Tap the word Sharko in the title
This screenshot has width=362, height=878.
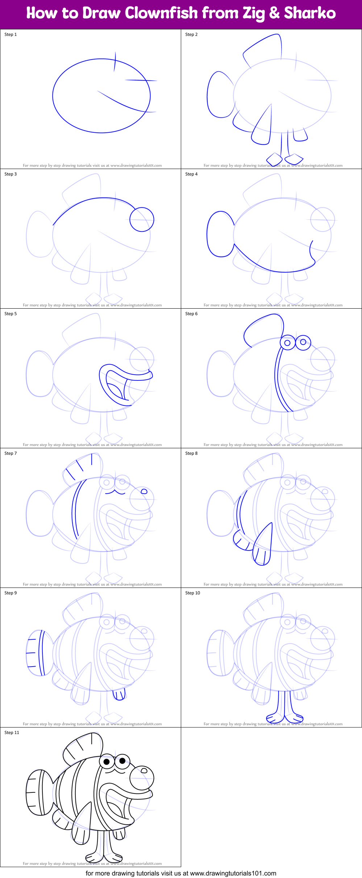[x=309, y=13]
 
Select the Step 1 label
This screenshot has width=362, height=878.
[x=11, y=34]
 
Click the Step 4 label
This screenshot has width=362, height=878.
[x=191, y=174]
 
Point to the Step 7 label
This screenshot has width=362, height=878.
[x=11, y=453]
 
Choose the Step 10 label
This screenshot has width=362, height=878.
[x=192, y=593]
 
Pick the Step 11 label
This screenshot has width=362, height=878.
[x=12, y=733]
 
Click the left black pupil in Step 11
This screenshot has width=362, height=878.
[x=107, y=762]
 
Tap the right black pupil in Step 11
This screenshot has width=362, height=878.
[x=122, y=760]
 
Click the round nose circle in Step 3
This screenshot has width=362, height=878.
[x=142, y=219]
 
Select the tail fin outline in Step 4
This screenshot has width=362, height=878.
[x=220, y=234]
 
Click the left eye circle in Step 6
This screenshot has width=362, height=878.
[x=287, y=343]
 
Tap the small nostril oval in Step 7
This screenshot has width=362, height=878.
[x=144, y=491]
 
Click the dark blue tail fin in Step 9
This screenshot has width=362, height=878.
[x=36, y=653]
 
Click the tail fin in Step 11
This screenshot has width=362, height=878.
[x=38, y=792]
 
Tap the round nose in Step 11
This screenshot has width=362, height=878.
[x=142, y=778]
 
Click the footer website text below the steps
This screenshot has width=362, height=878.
[x=181, y=873]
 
